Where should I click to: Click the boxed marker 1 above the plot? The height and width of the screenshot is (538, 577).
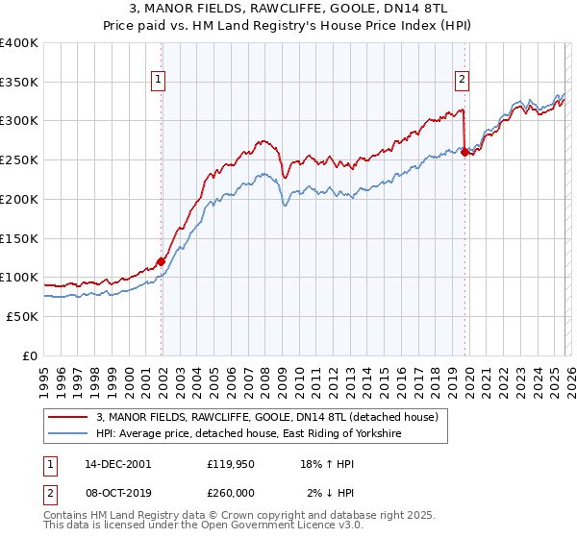point(158,81)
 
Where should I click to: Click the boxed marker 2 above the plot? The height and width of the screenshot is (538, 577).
point(463,81)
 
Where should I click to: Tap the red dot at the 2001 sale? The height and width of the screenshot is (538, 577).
point(161,260)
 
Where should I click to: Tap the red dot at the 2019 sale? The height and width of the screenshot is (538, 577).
point(464,152)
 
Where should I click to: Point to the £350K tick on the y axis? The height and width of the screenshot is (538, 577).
point(19,82)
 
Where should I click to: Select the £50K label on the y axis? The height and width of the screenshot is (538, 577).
point(23,316)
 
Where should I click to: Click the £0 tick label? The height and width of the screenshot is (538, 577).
point(31,355)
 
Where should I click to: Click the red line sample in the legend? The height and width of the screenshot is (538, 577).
point(69,417)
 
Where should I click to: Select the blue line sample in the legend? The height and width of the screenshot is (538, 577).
point(69,434)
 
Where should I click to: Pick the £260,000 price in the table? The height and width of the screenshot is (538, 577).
point(231,492)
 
